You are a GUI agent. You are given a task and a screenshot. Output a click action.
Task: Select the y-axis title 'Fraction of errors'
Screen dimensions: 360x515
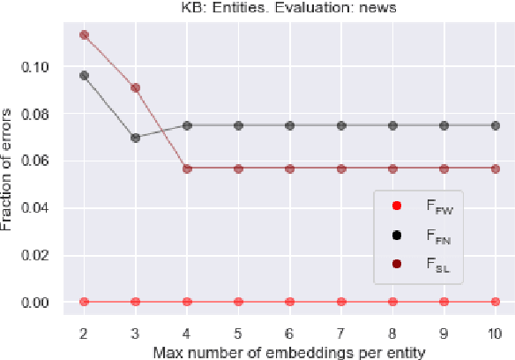[10, 168]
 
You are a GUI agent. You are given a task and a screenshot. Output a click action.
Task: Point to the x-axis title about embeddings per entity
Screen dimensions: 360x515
[288, 351]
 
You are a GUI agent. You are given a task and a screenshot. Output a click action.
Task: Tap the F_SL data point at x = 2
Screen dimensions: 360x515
[84, 34]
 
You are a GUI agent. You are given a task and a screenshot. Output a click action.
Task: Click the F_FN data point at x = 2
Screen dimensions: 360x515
[84, 75]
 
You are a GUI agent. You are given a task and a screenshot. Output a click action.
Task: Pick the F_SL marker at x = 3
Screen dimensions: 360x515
[135, 87]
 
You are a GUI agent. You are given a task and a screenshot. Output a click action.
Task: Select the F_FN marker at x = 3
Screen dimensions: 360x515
[135, 138]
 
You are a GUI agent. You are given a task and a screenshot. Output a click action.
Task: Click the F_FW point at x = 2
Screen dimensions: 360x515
[84, 302]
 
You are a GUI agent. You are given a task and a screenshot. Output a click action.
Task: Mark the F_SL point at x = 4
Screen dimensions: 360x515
[187, 168]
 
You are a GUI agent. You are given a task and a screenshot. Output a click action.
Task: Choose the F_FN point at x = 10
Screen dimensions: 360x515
[496, 125]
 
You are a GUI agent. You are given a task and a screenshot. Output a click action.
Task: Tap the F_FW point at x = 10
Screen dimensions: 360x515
[496, 302]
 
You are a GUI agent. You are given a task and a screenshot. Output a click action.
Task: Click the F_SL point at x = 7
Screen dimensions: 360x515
[341, 168]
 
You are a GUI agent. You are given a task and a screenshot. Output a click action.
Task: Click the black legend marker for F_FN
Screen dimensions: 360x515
[397, 235]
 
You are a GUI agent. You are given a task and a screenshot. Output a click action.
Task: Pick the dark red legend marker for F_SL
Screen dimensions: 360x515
[397, 263]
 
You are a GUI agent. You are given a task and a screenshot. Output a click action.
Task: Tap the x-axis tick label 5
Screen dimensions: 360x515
[238, 330]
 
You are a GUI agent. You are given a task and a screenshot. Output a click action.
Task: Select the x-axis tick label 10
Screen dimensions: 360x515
[496, 330]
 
